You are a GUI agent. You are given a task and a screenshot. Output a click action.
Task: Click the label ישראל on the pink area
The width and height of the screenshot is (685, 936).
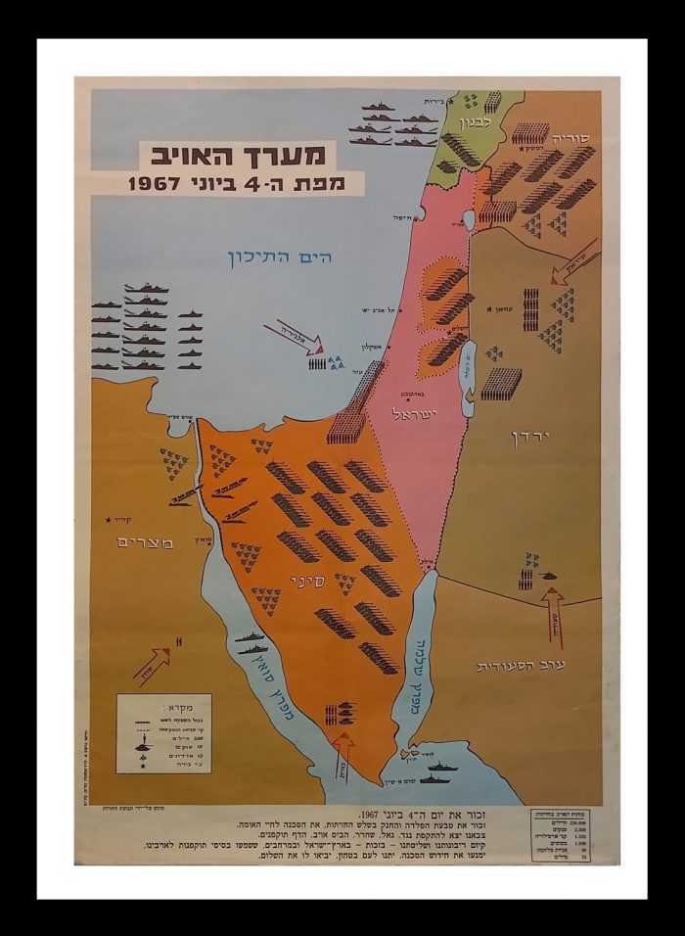(x=419, y=415)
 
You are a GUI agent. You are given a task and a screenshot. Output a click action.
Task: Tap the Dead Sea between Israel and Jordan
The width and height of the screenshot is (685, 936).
(x=467, y=366)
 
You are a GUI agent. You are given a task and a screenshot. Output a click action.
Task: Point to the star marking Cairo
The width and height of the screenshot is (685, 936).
(x=109, y=520)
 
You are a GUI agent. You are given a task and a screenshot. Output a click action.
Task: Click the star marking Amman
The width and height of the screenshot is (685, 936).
(x=488, y=309)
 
